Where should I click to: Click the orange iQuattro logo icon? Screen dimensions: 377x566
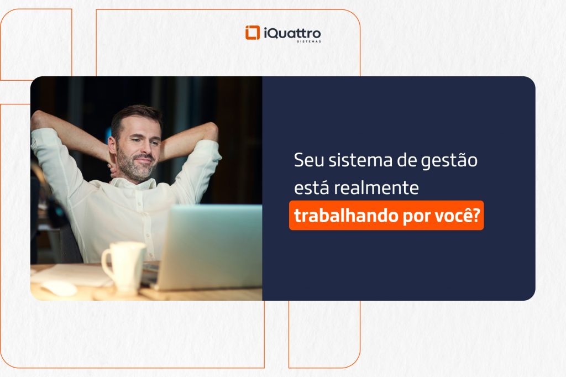pyautogui.click(x=253, y=33)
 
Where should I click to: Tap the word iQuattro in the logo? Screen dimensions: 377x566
pyautogui.click(x=291, y=32)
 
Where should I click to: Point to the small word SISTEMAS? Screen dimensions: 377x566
pyautogui.click(x=308, y=41)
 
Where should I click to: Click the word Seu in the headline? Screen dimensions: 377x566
pyautogui.click(x=307, y=161)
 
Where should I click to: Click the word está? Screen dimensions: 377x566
pyautogui.click(x=311, y=188)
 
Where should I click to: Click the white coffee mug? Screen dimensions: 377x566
pyautogui.click(x=125, y=265)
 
